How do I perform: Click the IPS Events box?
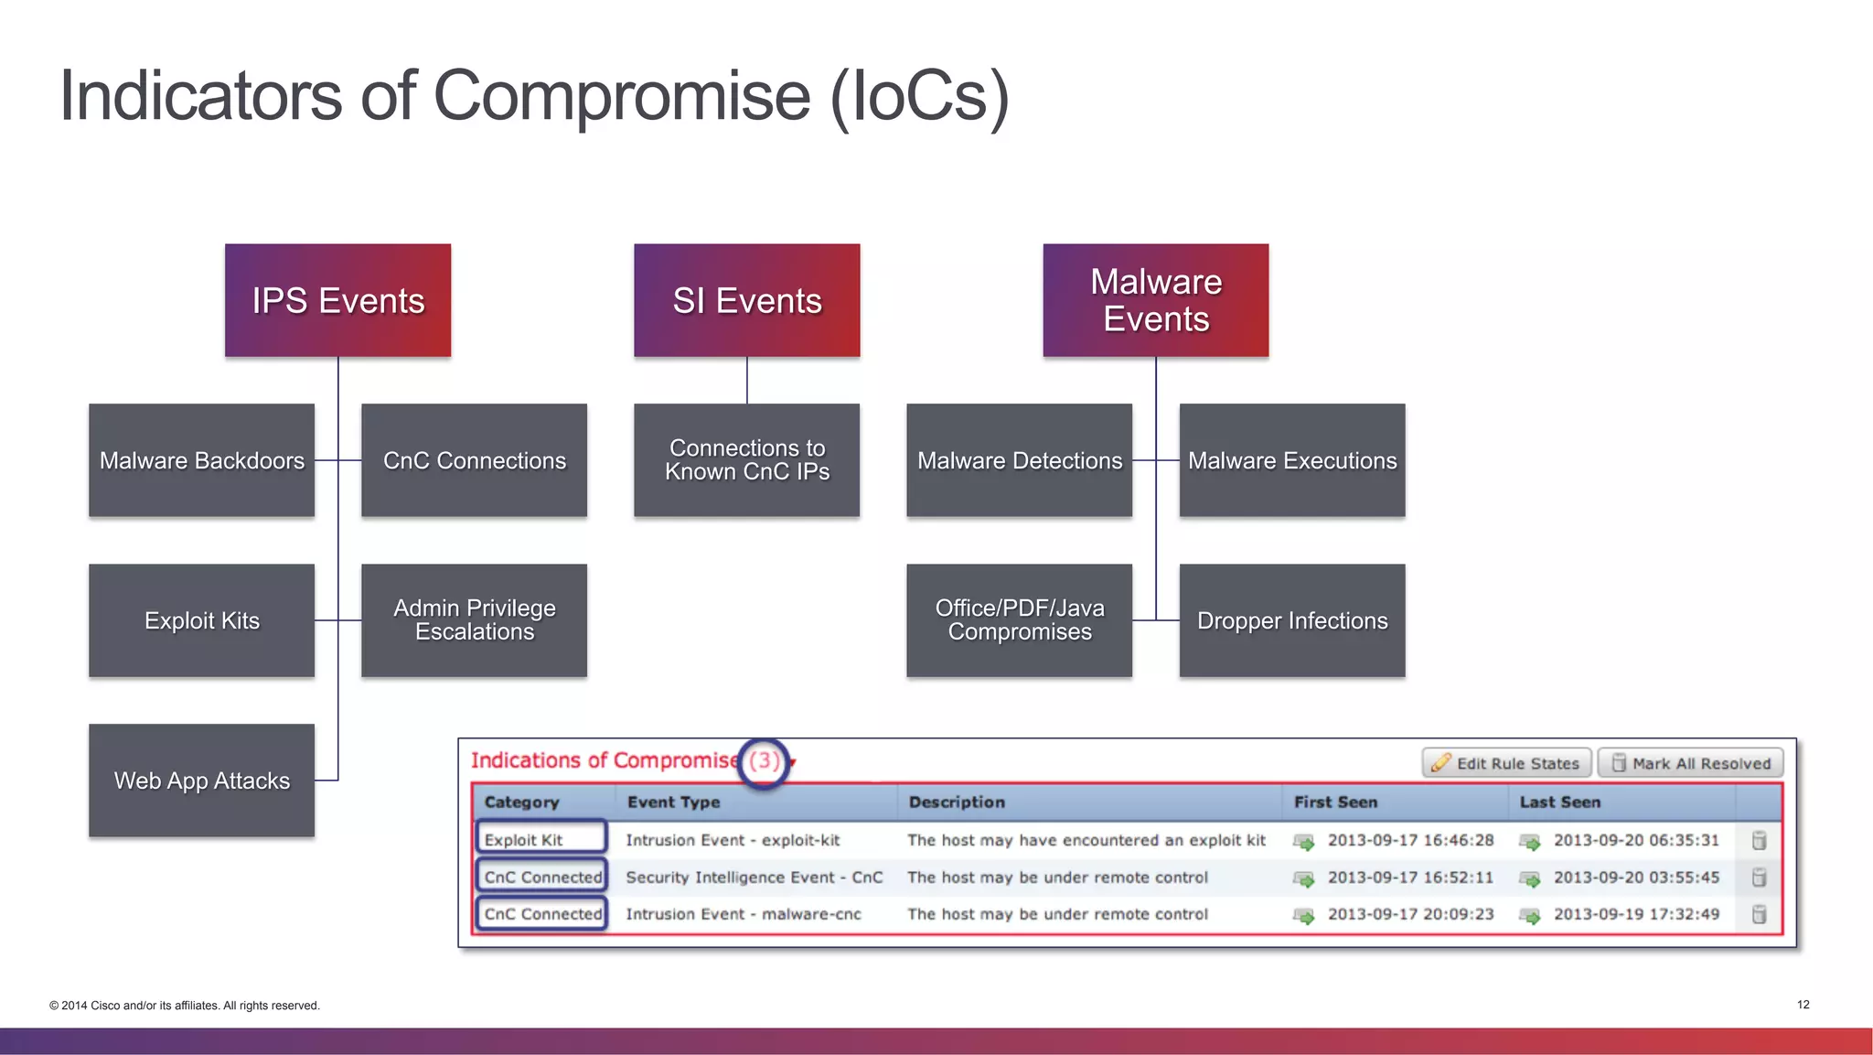click(337, 300)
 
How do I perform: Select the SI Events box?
click(746, 300)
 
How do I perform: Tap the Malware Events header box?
click(1155, 300)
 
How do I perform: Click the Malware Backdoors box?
click(201, 460)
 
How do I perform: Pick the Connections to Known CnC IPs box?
click(746, 460)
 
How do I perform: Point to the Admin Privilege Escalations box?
click(474, 620)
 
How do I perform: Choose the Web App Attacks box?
click(201, 780)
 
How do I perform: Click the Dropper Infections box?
click(1291, 620)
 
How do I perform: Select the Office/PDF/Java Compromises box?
click(1019, 620)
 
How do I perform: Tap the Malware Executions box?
click(1291, 460)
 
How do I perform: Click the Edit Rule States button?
click(1506, 763)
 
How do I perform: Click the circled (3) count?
click(764, 761)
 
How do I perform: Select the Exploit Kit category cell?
click(540, 839)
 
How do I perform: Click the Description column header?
click(957, 802)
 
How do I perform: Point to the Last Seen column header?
click(1559, 802)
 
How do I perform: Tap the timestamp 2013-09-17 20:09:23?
click(1410, 914)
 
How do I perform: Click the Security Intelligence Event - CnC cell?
click(755, 877)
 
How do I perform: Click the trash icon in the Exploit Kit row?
click(1758, 840)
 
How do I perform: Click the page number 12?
click(1803, 1005)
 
